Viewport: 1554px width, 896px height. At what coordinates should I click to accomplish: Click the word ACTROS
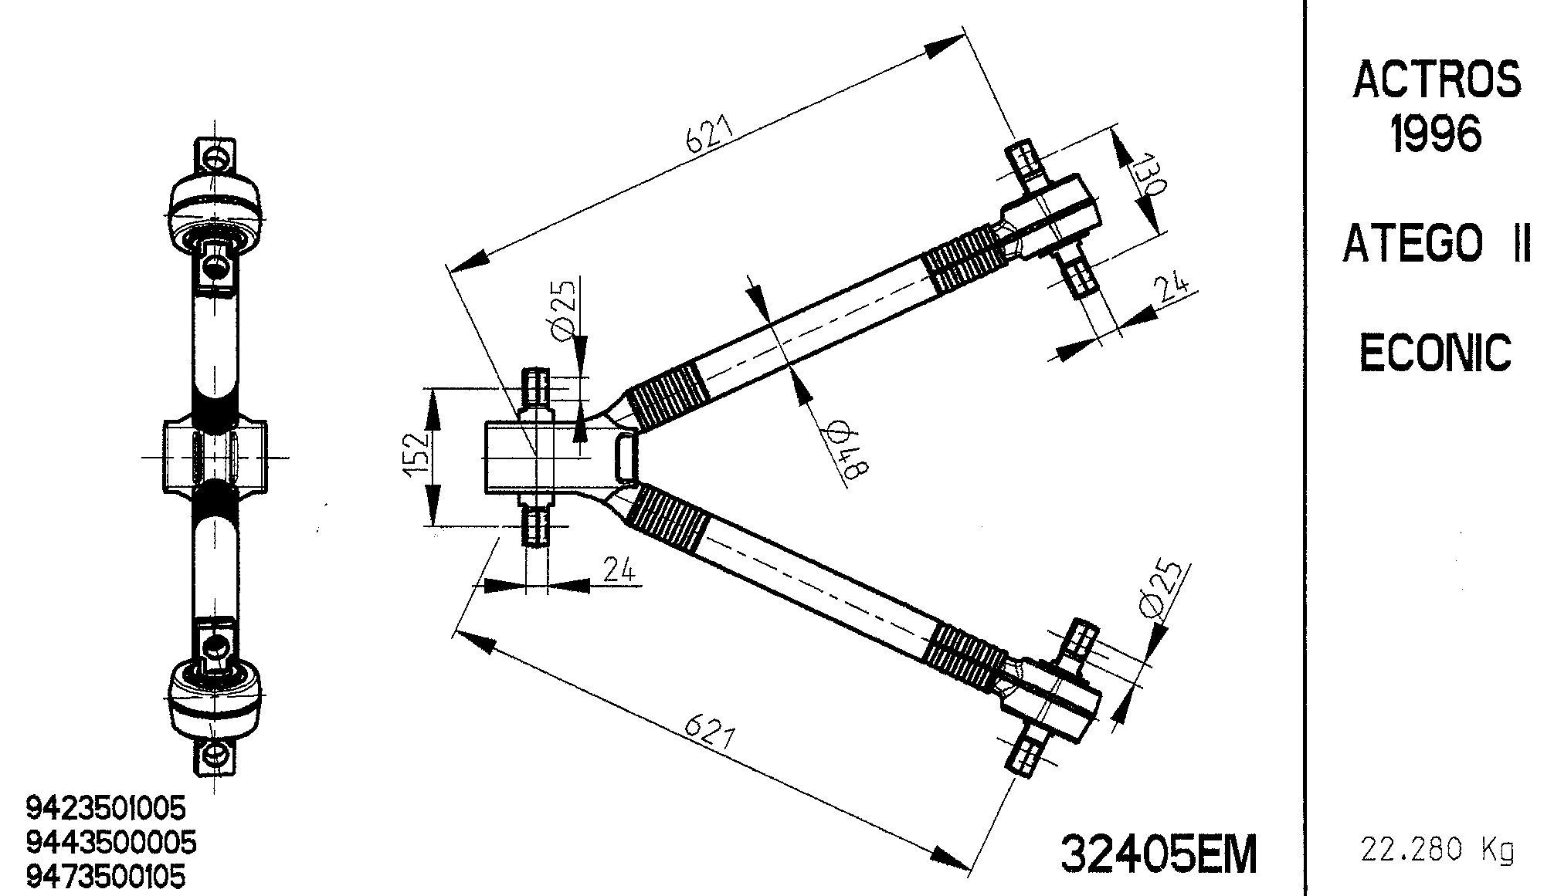pos(1437,81)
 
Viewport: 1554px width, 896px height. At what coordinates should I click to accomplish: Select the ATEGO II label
pos(1437,245)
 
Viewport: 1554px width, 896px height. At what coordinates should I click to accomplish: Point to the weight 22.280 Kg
pos(1437,850)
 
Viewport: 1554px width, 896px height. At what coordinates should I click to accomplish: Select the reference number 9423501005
pos(107,808)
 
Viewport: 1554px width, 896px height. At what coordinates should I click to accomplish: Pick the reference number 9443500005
pos(111,841)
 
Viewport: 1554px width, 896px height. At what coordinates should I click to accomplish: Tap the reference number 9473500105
pos(107,876)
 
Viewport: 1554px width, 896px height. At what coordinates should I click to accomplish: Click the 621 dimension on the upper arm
pos(707,136)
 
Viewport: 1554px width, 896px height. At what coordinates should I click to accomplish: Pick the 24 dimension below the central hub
pos(618,570)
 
